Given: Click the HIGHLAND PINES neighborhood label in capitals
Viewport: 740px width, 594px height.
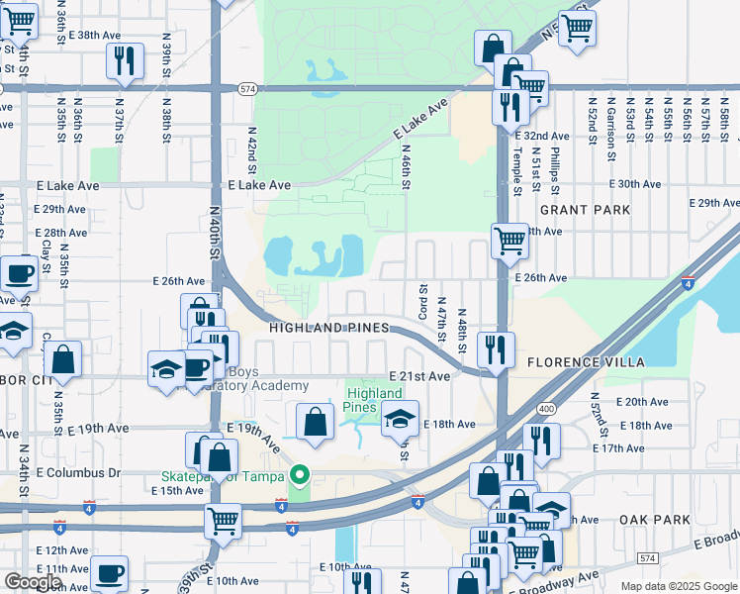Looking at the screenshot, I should [331, 327].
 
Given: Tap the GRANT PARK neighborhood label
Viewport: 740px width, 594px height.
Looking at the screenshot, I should [585, 210].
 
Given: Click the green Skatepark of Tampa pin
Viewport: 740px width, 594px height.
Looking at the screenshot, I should [304, 477].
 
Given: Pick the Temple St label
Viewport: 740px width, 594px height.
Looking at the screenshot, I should [516, 170].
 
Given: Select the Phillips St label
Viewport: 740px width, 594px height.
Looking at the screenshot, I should [555, 172].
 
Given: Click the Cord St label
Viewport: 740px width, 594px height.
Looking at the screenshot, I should [422, 294].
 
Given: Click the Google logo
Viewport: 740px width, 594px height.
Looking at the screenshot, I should [33, 582].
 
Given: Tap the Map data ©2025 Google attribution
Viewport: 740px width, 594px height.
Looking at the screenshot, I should [679, 586].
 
